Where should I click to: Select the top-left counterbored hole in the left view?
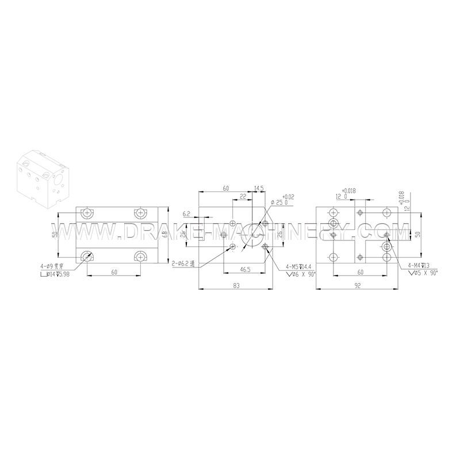coord(87,213)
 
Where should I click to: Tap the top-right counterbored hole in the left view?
coord(139,213)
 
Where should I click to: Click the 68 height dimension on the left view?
coord(164,234)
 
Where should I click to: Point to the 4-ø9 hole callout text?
coord(50,266)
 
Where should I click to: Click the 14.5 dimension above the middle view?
coord(259,188)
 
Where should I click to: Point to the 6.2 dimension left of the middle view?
coord(186,214)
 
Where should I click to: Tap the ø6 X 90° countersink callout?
coord(300,274)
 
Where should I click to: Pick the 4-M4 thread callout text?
coord(418,265)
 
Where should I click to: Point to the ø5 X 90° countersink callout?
coord(421,273)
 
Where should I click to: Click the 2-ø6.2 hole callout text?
coord(183,263)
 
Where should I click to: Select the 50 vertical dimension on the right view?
coord(418,234)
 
